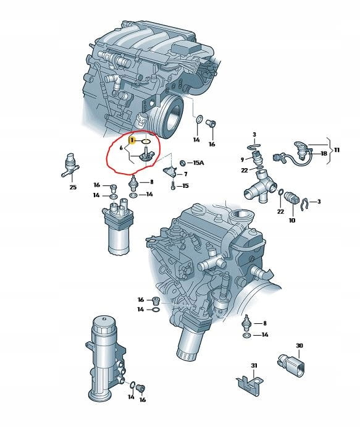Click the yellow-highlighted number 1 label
point(132,140)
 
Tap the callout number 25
point(73,187)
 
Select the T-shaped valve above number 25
point(70,165)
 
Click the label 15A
point(198,163)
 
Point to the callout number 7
point(186,174)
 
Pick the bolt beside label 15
point(173,185)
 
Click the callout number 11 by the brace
point(337,150)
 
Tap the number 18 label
point(324,153)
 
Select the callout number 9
point(242,159)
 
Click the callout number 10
point(292,220)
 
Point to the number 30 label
point(299,346)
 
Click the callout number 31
point(254,365)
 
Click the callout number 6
point(121,148)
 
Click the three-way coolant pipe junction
point(261,186)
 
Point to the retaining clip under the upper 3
point(254,147)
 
